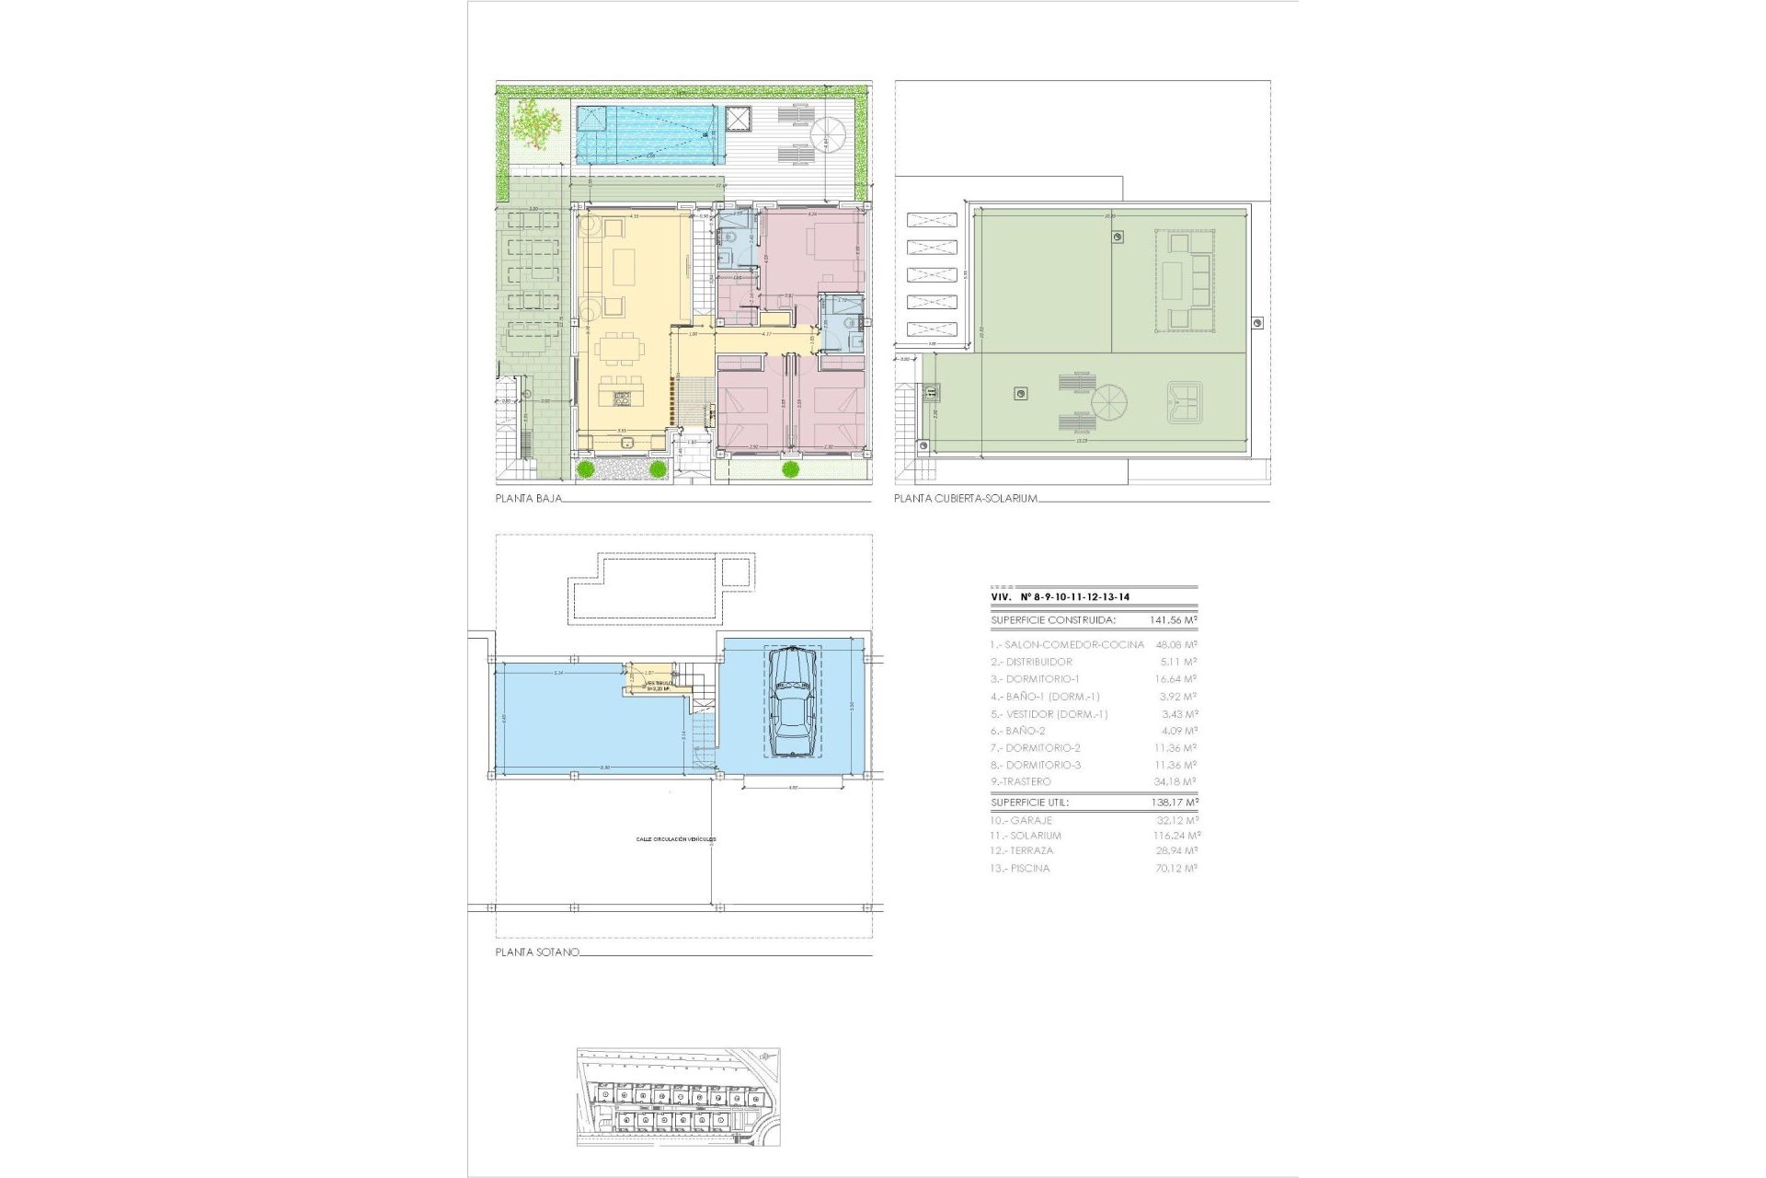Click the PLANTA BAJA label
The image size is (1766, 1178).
point(528,499)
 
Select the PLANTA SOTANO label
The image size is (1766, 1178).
point(537,953)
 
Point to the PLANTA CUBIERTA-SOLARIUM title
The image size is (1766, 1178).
point(966,499)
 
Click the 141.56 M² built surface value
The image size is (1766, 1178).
point(1174,620)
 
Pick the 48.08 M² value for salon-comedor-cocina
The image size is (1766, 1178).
point(1175,645)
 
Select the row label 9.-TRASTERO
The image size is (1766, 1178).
point(1020,781)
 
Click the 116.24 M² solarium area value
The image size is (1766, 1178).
point(1176,836)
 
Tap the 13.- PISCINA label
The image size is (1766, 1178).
point(1020,868)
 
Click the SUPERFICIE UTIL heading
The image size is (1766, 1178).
point(1029,803)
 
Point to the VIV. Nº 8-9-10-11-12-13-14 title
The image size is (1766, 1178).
point(1060,597)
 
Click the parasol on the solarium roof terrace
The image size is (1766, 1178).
point(1108,403)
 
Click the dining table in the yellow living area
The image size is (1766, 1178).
point(619,351)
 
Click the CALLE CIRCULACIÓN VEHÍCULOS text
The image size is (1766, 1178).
point(676,839)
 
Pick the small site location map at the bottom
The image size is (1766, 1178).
point(678,1096)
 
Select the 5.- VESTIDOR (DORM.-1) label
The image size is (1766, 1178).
point(1049,714)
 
